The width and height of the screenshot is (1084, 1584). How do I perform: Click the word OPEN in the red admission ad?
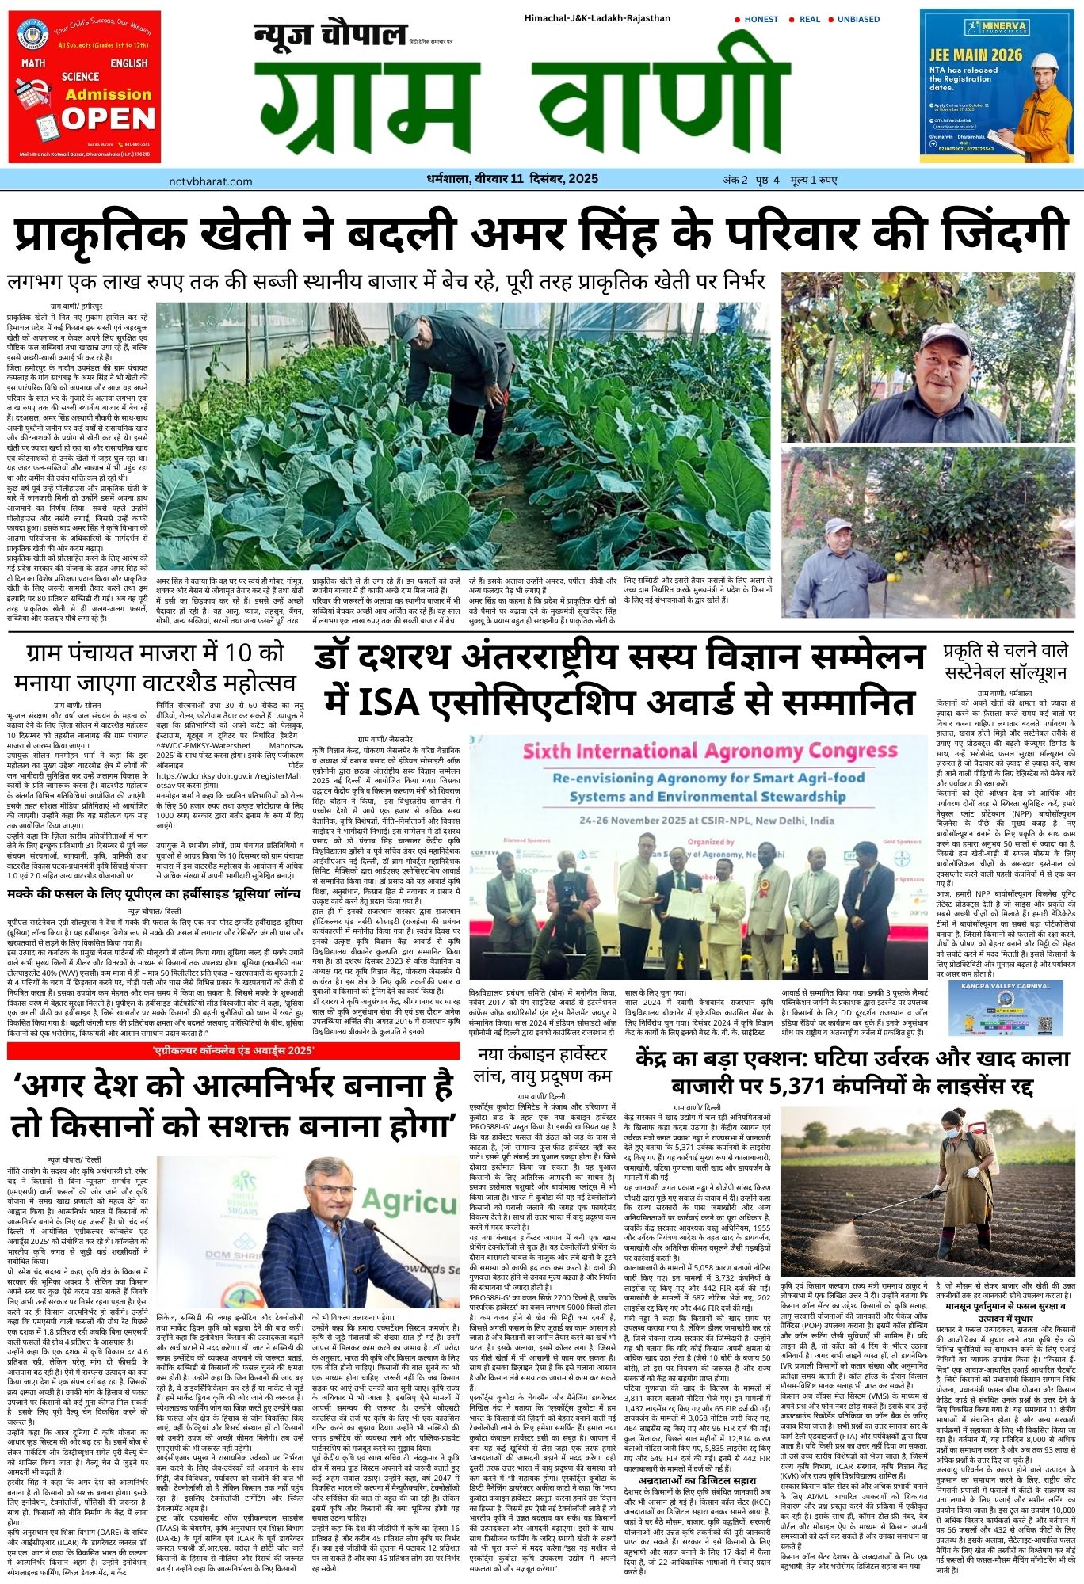[x=109, y=119]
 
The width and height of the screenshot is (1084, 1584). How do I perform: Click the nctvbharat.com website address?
[x=211, y=181]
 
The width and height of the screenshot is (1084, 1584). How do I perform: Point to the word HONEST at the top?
[x=761, y=19]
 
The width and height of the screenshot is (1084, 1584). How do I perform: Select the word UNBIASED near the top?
[x=858, y=19]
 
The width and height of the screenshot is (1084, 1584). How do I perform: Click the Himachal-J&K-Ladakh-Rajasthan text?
[x=597, y=18]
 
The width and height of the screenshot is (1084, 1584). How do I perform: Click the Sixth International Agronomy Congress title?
[x=698, y=751]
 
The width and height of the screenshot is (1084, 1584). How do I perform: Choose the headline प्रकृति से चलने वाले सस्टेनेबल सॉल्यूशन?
[x=1007, y=662]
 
